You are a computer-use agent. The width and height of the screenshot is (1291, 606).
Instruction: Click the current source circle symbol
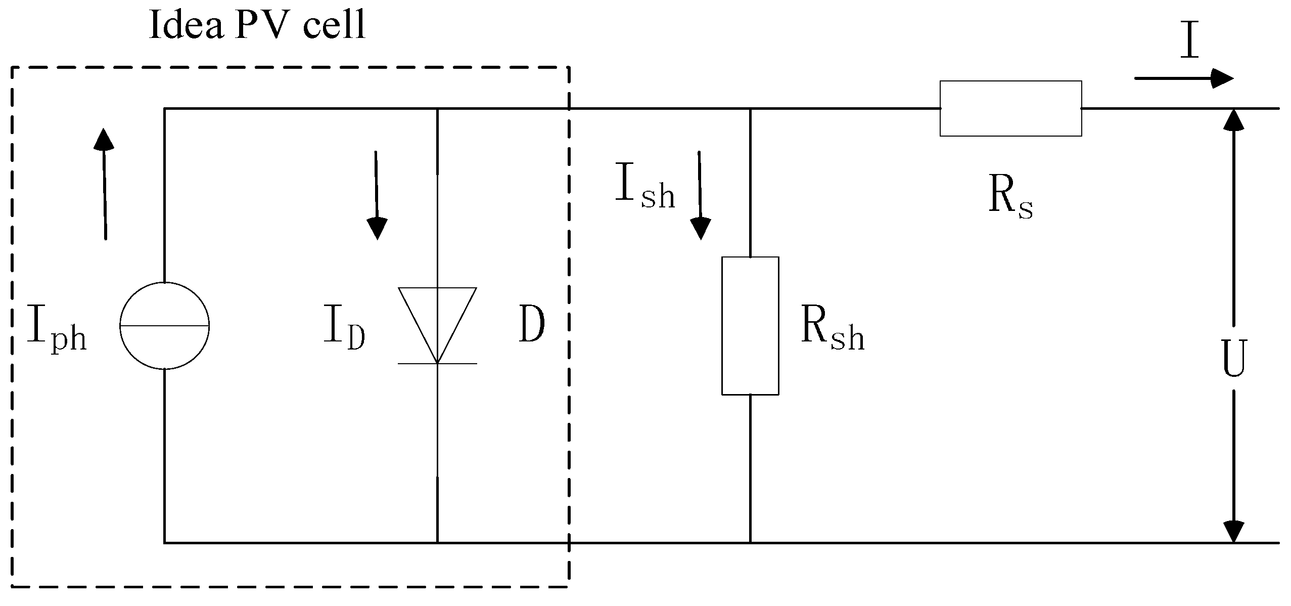coord(164,326)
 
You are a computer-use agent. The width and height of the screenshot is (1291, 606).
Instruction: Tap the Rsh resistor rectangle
coord(750,326)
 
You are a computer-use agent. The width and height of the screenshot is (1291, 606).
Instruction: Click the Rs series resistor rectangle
coord(1010,108)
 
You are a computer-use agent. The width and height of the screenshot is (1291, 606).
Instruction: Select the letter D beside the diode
coord(532,326)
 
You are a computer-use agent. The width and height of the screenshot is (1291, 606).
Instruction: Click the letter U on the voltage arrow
coord(1233,358)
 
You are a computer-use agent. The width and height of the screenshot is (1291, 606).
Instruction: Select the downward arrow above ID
coord(376,195)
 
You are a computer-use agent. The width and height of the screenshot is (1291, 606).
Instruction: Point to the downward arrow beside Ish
coord(700,195)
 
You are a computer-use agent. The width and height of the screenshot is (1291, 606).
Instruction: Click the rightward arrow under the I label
coord(1183,78)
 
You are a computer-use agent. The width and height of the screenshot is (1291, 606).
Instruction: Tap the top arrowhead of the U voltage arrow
coord(1233,119)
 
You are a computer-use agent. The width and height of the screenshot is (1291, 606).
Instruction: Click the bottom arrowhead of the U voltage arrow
coord(1233,531)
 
